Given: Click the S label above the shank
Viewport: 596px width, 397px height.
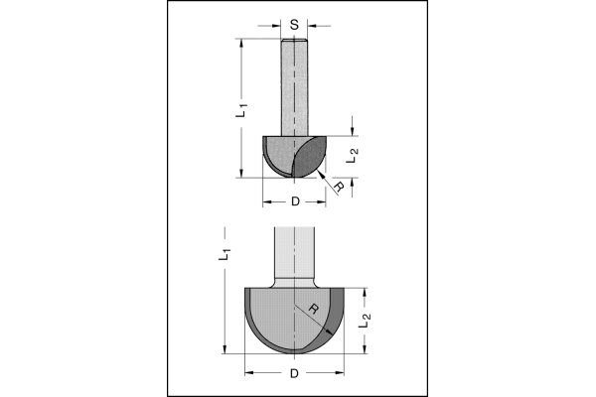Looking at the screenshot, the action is point(294,25).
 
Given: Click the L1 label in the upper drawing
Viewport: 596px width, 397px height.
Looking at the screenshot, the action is point(241,110).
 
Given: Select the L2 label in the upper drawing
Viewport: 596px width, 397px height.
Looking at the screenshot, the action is point(353,156).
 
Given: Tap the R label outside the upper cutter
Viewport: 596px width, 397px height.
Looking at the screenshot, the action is point(339,187).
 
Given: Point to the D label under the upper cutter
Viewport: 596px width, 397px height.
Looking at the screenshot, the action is point(295,201).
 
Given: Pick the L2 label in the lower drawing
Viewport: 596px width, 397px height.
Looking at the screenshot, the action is point(365,320).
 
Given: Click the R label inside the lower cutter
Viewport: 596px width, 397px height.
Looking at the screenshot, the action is point(313,309).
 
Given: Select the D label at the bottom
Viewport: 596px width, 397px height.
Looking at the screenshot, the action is point(294,373).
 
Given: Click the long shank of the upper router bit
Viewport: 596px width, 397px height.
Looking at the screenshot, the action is point(294,87).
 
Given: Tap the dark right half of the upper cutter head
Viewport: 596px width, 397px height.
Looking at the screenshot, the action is point(311,157).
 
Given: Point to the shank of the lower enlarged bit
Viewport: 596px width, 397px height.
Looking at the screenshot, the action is point(295,257).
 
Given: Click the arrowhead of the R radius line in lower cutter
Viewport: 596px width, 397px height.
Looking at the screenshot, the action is point(329,331).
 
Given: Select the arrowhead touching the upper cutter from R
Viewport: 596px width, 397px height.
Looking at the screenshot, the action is point(320,175).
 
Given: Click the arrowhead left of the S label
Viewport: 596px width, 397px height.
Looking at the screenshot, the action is point(276,26).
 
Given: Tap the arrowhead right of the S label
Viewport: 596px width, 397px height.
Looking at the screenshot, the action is point(313,26).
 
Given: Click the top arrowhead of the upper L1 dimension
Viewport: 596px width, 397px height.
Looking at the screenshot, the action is point(241,44).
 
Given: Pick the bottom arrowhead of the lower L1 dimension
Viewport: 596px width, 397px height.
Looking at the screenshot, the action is point(224,348).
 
